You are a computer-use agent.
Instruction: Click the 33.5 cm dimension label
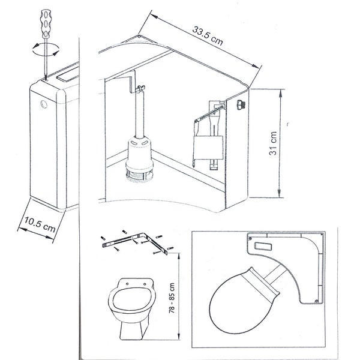[x=208, y=36]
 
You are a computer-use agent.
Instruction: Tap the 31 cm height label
[x=273, y=143]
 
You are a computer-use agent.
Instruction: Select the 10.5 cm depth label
[x=40, y=224]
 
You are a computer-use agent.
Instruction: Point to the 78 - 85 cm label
[x=172, y=298]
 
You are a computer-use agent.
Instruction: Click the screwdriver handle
[x=46, y=23]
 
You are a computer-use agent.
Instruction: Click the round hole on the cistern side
[x=44, y=104]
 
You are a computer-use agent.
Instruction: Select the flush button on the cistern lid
[x=68, y=75]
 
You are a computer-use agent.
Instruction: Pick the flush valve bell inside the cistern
[x=139, y=153]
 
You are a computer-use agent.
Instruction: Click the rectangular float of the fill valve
[x=208, y=148]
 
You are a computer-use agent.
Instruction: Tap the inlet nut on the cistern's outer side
[x=241, y=104]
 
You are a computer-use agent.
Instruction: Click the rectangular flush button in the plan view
[x=263, y=247]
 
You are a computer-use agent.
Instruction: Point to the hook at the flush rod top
[x=140, y=88]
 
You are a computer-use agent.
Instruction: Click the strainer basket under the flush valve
[x=139, y=176]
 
